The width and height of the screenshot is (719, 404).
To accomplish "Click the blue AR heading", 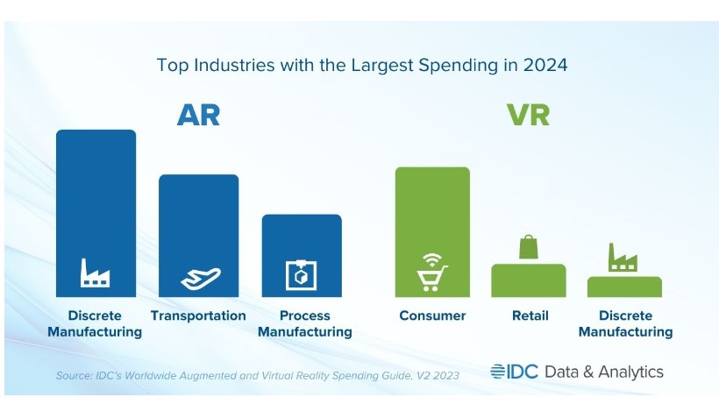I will [x=198, y=115].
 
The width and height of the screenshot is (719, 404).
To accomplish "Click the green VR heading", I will [x=527, y=115].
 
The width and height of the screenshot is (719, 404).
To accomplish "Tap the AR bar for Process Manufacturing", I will [x=302, y=241].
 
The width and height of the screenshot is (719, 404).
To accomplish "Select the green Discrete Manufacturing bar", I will [x=624, y=287].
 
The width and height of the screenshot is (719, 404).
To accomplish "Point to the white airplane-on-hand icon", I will [x=198, y=278].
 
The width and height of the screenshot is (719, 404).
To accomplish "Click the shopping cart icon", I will [x=432, y=273].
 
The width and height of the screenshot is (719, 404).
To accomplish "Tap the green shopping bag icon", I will [x=528, y=248].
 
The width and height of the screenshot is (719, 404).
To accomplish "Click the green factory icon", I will [x=623, y=258].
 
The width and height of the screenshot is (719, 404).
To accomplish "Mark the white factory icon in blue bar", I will [x=96, y=273].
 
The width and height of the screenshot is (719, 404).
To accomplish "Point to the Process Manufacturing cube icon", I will [x=301, y=275].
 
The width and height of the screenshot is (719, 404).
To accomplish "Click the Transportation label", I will [x=198, y=315].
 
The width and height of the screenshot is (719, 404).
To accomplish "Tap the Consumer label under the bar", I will [x=432, y=315].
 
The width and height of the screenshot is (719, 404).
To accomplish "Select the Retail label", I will [x=530, y=315].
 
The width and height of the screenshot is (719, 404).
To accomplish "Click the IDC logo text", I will [x=515, y=372].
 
